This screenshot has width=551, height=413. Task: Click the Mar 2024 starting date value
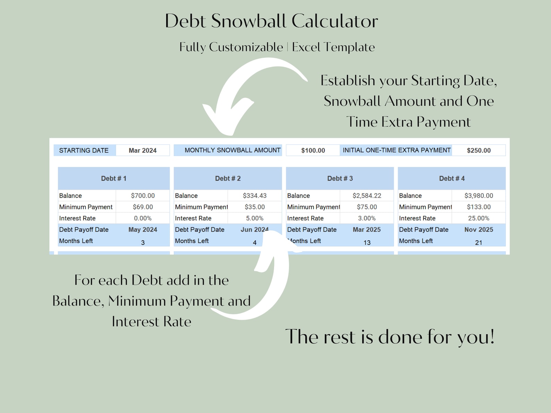click(143, 150)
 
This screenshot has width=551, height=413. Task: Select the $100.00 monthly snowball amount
click(313, 150)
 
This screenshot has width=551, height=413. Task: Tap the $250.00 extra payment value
click(478, 150)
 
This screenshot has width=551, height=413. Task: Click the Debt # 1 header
click(113, 179)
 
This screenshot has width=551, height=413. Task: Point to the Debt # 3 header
click(340, 179)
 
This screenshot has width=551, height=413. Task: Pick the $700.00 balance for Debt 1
click(143, 196)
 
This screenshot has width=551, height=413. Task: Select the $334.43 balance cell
click(255, 196)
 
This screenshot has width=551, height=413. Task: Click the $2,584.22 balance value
click(367, 196)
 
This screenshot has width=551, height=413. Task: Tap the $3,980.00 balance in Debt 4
click(478, 196)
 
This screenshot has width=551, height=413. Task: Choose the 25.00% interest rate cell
click(478, 218)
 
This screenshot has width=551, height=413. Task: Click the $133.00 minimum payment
click(478, 207)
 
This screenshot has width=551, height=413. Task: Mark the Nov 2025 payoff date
click(478, 230)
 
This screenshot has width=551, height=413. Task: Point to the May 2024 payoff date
click(143, 230)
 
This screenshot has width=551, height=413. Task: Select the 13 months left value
click(367, 243)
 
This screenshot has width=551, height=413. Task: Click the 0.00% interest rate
click(143, 218)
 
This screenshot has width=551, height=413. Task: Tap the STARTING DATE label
click(84, 150)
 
